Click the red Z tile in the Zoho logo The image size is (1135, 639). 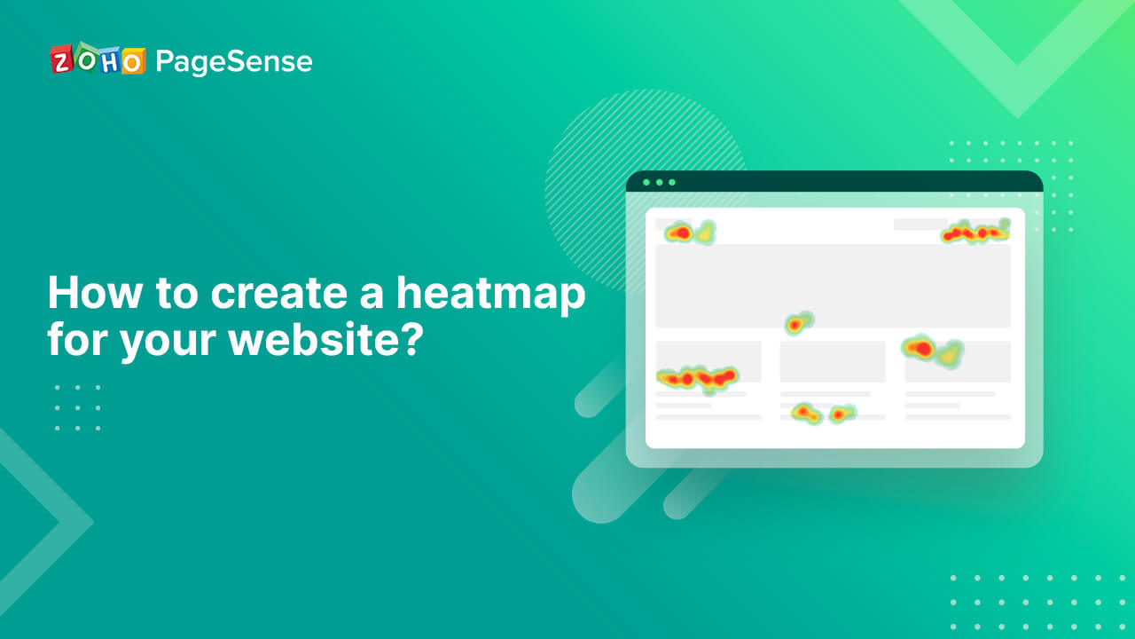coord(61,60)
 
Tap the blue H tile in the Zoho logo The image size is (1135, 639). coord(108,60)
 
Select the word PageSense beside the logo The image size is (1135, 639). coord(233,62)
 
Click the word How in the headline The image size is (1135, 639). coord(93,292)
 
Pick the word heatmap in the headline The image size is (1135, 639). coord(490,294)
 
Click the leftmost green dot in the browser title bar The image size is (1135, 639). coord(646,182)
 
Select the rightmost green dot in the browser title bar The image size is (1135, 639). coord(672,182)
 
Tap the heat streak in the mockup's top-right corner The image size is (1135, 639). coord(975,233)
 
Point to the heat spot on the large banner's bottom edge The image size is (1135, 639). coord(798,324)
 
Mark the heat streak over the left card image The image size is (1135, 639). coord(698,378)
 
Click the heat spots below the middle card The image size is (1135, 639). coord(821,414)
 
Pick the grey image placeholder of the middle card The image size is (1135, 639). coord(833,361)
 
